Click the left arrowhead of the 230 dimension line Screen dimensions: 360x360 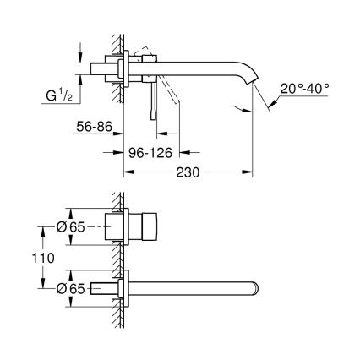pos(128,175)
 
